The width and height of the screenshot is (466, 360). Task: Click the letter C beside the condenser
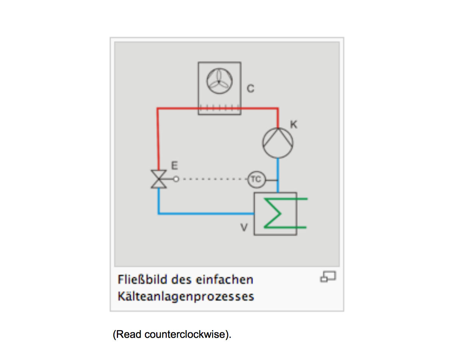click(250, 89)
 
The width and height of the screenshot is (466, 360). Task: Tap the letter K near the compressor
click(294, 124)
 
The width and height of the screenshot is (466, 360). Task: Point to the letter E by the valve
click(174, 166)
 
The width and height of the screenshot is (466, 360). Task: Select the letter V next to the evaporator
click(244, 227)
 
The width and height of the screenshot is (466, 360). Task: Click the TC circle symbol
click(256, 179)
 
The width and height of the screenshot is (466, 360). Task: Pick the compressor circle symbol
click(278, 143)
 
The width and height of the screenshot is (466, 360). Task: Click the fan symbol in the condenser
click(219, 82)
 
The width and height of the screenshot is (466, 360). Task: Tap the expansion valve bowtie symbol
click(158, 179)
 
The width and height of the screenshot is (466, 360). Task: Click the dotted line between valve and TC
click(212, 179)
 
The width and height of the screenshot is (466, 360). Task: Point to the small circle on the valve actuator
click(176, 179)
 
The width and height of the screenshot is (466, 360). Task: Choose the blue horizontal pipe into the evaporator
click(206, 214)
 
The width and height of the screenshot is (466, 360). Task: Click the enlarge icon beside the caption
click(328, 277)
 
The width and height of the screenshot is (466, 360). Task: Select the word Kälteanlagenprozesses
click(186, 296)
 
